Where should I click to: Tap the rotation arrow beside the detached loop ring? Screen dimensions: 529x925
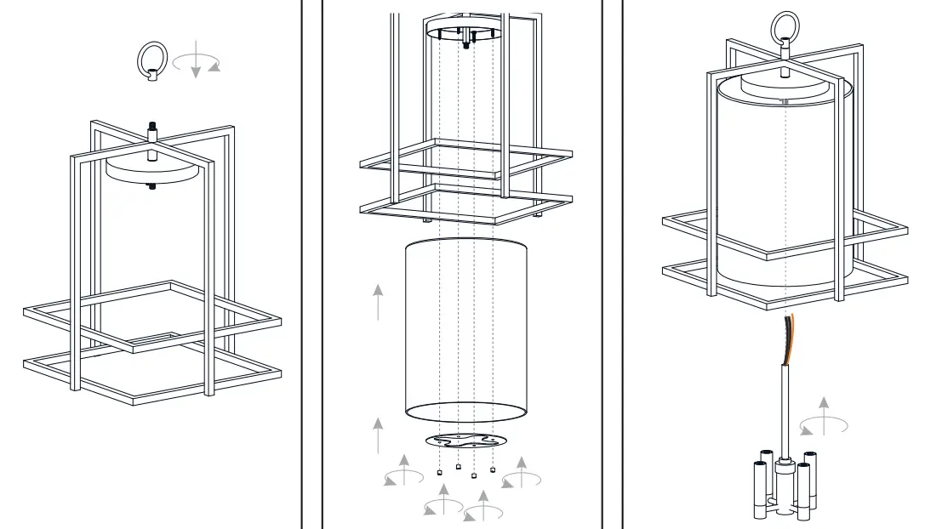click(x=197, y=64)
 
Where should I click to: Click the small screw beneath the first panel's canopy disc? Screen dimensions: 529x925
click(x=152, y=186)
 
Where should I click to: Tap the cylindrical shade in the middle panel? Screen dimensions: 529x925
click(x=465, y=332)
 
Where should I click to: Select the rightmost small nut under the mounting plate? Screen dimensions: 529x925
click(x=493, y=470)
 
